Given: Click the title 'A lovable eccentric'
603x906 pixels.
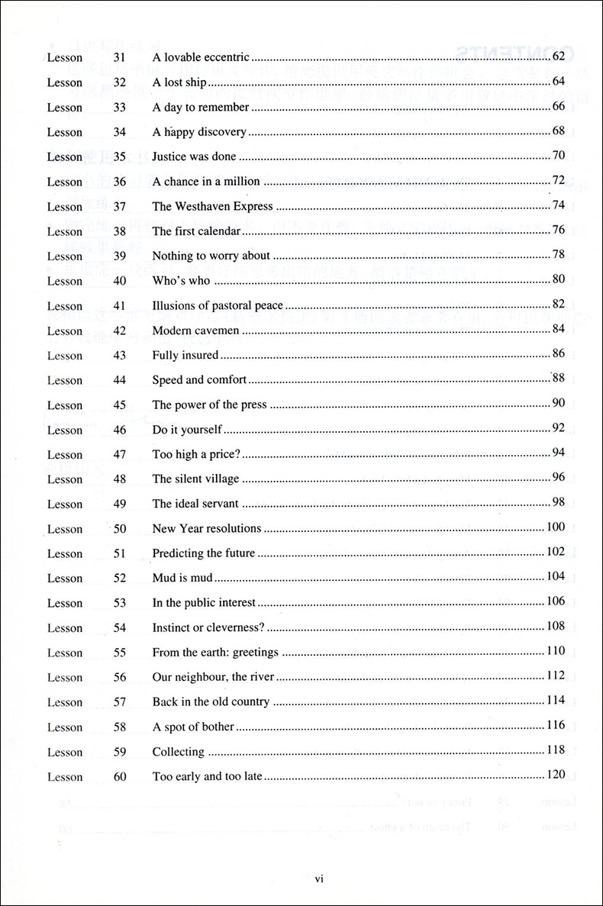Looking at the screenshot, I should pos(201,57).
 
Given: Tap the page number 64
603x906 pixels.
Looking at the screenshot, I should pos(558,81).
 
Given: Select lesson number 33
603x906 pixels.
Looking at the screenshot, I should pos(120,108).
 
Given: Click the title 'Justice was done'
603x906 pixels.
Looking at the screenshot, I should pos(194,156).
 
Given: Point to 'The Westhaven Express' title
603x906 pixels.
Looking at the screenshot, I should pos(212,206).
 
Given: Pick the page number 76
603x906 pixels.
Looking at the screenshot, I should pos(558,230).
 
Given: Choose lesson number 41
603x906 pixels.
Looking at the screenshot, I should pos(120,306).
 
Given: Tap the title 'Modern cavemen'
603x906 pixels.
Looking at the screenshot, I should pos(195,330).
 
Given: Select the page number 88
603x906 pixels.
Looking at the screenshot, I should pos(558,378).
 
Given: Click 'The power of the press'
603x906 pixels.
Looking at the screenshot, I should pos(209,405).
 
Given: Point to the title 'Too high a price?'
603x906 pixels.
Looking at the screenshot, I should pos(196,454).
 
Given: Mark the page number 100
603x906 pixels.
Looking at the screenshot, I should pos(556,527).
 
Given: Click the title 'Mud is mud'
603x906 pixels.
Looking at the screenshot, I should pos(182,578).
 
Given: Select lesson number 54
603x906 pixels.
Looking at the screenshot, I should pos(120,628).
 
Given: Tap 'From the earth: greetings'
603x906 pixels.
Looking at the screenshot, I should pos(215,653).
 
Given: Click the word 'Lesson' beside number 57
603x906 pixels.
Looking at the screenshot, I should pos(64,702).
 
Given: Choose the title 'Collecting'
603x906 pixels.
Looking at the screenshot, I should pos(178,752).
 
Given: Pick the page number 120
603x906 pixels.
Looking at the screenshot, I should pos(556,775).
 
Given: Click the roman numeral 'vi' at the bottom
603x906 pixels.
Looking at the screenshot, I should pos(320,879).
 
